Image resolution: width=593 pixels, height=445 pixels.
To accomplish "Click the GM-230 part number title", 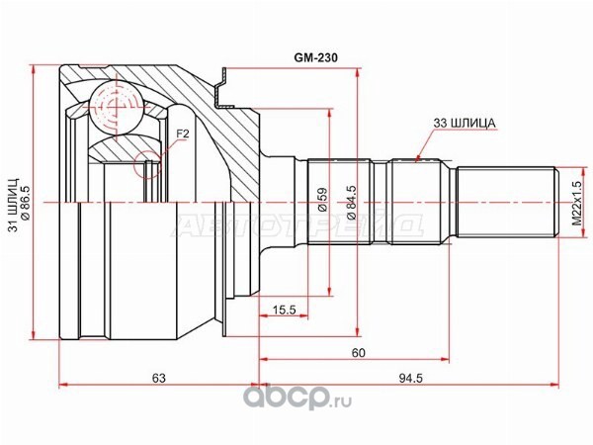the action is coord(316,57).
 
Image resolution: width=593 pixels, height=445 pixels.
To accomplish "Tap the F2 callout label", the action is coord(183,133).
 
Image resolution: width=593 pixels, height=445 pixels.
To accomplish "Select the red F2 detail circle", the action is coord(147,164).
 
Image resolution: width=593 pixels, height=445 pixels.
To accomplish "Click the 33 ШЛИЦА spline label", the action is coord(464,123).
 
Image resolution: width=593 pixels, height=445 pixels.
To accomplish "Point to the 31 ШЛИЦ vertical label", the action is coord(14,205).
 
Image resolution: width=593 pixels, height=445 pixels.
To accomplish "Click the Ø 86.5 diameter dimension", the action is coord(26,205).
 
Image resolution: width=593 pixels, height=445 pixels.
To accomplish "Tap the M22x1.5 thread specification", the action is coord(576,203).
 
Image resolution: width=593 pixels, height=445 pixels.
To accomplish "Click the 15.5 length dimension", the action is coord(284,310).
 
